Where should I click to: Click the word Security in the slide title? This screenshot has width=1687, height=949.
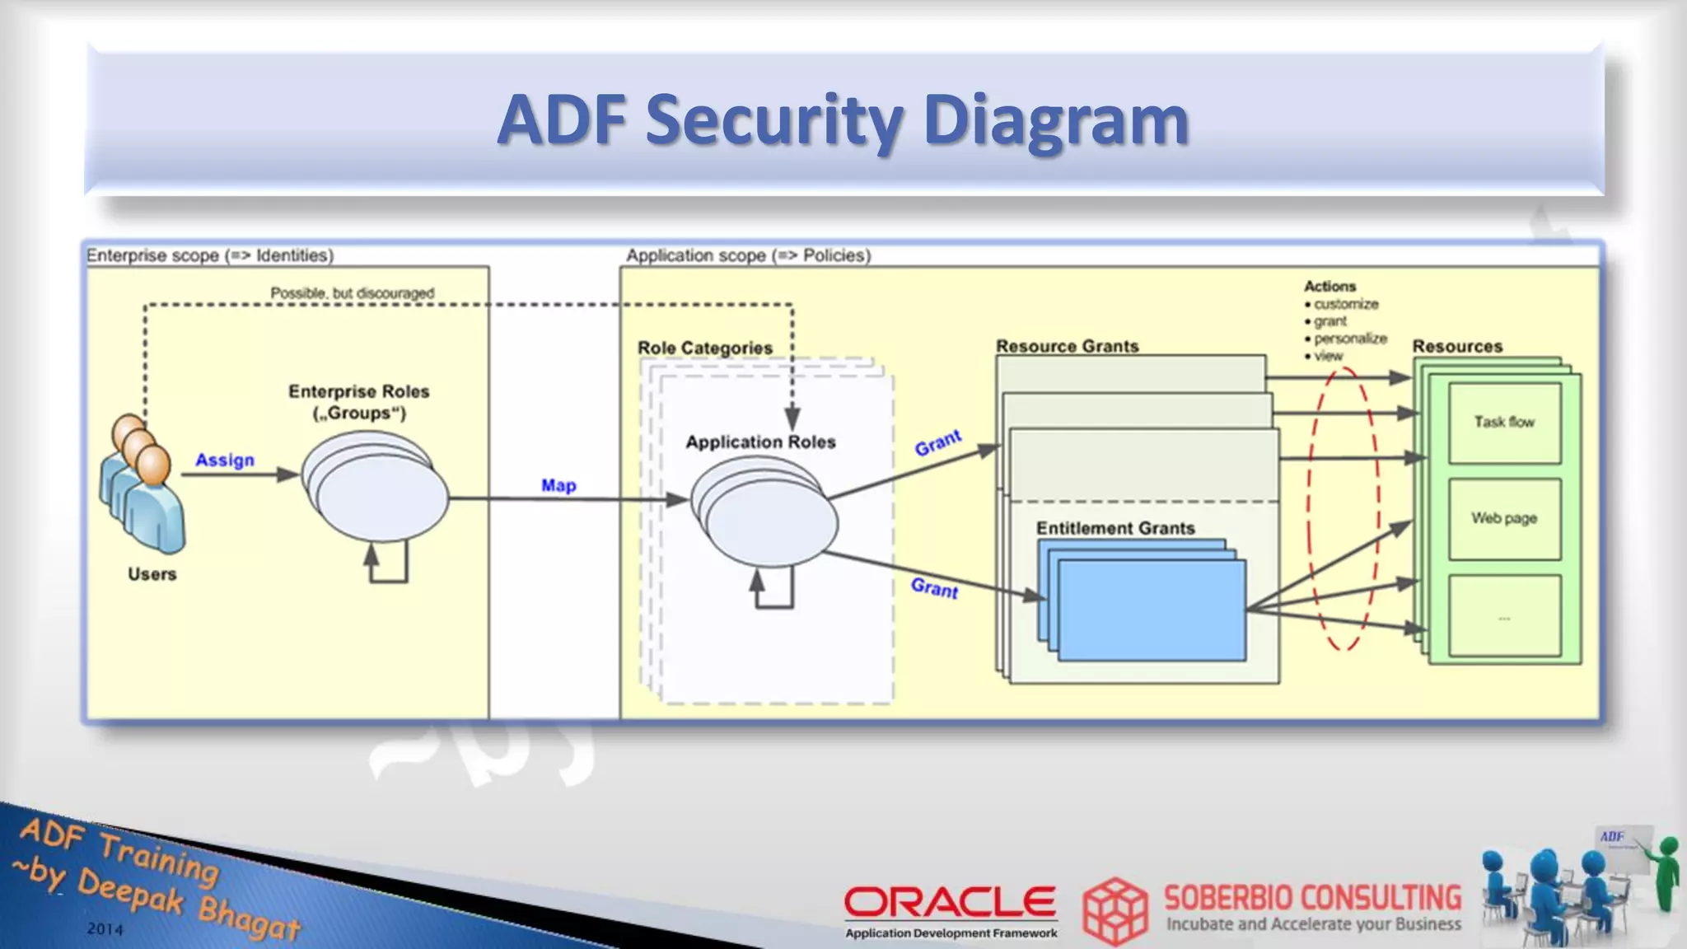click(x=774, y=120)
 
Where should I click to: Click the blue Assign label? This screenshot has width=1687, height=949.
click(x=225, y=460)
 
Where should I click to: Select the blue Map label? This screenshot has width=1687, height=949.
click(x=558, y=485)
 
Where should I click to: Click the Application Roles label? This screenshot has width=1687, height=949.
click(x=760, y=442)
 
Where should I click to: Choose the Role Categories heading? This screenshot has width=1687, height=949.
click(x=705, y=348)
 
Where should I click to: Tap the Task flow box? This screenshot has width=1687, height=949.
click(x=1504, y=422)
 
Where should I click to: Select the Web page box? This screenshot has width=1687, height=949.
click(x=1504, y=518)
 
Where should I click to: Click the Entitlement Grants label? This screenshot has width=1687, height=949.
click(x=1115, y=528)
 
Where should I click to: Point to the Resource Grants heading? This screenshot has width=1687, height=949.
click(x=1068, y=346)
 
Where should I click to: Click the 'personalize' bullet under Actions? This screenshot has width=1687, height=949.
click(x=1350, y=339)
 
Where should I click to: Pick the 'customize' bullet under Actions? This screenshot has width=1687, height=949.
click(x=1346, y=304)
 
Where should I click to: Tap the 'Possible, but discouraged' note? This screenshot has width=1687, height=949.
click(x=353, y=292)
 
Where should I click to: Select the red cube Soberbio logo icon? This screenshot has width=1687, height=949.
click(x=1115, y=910)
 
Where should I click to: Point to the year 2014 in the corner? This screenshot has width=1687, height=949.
click(x=105, y=929)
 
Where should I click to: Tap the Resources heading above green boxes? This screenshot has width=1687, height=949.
click(x=1457, y=346)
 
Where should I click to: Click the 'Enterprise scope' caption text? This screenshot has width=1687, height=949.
click(x=210, y=255)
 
